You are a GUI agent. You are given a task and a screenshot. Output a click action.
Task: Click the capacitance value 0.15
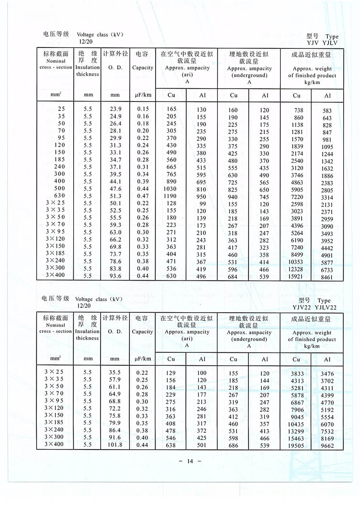143,109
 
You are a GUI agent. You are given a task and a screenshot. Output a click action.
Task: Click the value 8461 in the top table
327,277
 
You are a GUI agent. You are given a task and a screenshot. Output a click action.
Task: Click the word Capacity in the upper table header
143,68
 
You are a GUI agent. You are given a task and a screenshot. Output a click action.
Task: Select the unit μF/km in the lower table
143,359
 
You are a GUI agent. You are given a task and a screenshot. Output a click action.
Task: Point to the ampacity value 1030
171,189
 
